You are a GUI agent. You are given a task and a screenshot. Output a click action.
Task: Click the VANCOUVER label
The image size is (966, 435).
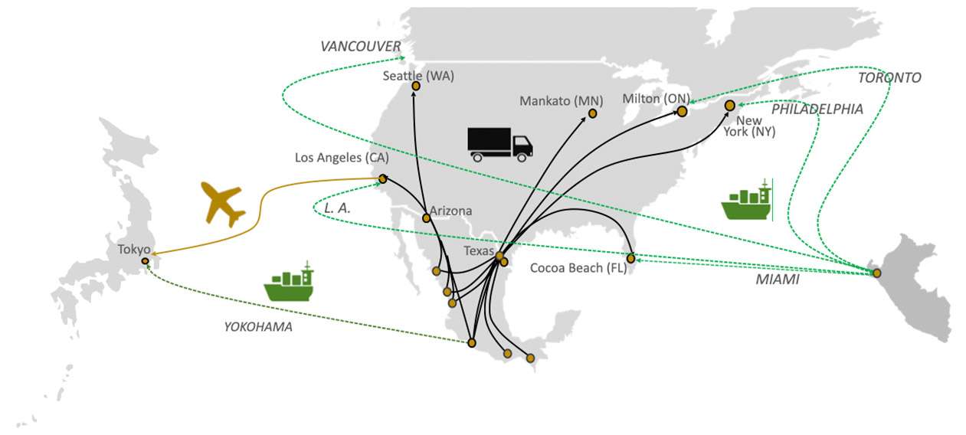[x=361, y=46]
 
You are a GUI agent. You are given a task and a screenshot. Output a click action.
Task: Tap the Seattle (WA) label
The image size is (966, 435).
[x=418, y=76]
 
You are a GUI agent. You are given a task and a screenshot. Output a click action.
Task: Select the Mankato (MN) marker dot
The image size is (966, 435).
[x=592, y=113]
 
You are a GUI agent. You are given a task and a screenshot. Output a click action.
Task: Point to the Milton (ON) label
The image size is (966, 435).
[x=656, y=99]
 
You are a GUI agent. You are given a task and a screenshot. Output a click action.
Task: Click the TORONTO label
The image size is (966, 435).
[x=889, y=77]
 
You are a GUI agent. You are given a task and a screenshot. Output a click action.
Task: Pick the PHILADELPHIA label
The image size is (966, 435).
[x=817, y=109]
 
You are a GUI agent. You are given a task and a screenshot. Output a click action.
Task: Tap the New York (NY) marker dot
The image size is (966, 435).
[x=730, y=106]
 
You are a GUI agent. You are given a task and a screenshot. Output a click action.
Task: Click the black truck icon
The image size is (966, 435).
[x=500, y=145]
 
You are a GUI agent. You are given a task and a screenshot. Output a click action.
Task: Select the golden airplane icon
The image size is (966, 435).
[x=222, y=204]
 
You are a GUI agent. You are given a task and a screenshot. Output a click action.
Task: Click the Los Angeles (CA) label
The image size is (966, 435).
[x=342, y=157]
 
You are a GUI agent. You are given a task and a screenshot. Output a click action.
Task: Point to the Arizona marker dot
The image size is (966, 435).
[x=426, y=218]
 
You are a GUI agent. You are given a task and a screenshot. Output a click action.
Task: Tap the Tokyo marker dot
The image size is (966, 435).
[x=146, y=261]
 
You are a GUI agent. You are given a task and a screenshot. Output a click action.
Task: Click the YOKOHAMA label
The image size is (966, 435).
[x=258, y=327]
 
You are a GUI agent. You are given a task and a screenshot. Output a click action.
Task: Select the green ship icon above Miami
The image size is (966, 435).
[x=747, y=199]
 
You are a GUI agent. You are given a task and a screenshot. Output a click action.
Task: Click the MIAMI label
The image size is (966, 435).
[x=778, y=280]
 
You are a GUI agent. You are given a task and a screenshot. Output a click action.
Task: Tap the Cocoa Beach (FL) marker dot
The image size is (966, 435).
[x=631, y=258]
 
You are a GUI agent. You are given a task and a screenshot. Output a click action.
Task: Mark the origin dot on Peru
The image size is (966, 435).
[x=876, y=273]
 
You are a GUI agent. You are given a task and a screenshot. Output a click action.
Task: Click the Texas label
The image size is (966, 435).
[x=479, y=251]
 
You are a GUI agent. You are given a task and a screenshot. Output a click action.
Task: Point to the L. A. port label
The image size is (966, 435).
[x=337, y=208]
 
